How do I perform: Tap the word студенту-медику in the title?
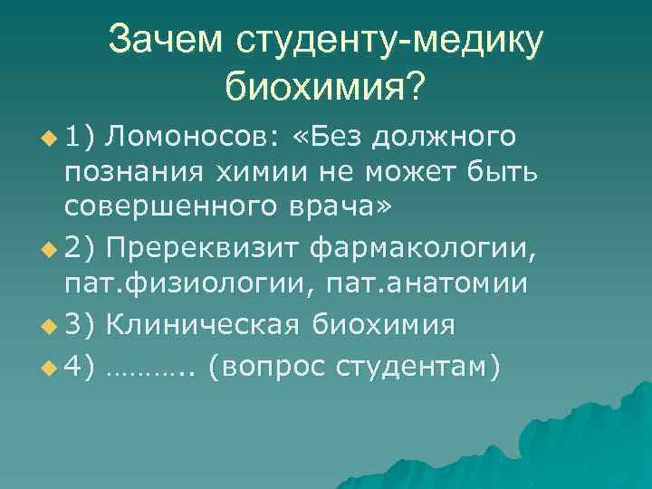388,40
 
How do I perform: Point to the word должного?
444,136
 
